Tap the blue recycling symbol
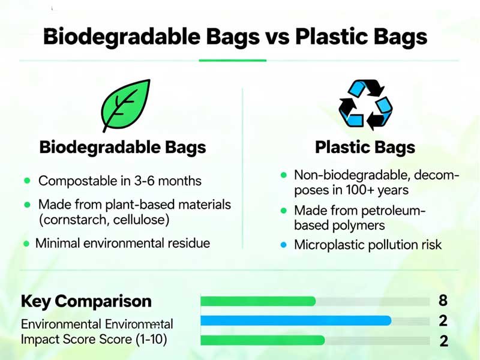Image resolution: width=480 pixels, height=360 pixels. (365, 105)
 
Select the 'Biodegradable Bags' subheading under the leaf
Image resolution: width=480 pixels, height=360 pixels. (122, 148)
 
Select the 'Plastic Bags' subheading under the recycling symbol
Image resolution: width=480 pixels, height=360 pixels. (365, 148)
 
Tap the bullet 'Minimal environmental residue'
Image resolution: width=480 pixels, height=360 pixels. (122, 244)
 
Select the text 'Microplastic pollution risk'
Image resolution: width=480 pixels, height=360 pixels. (368, 245)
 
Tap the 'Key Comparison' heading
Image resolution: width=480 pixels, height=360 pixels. (86, 301)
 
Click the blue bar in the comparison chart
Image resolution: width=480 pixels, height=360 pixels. (295, 321)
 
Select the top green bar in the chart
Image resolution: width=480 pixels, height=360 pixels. (258, 301)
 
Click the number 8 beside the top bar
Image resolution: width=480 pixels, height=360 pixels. (443, 300)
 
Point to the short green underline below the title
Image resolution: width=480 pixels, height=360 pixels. (232, 59)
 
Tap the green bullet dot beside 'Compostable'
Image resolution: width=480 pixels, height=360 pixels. (26, 181)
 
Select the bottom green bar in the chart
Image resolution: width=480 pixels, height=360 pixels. (262, 341)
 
